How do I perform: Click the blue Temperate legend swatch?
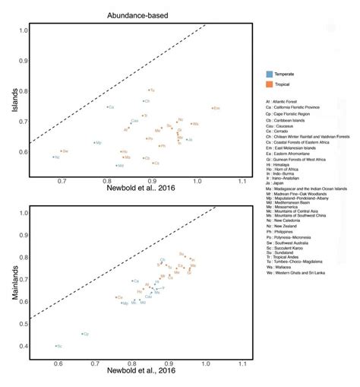click(x=269, y=75)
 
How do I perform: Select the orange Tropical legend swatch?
click(x=269, y=84)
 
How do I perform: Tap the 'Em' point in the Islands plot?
click(x=213, y=108)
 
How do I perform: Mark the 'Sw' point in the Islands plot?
click(x=61, y=151)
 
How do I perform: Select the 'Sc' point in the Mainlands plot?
click(x=55, y=346)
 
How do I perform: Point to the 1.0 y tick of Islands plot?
click(x=22, y=30)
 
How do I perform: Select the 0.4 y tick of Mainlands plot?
click(x=22, y=346)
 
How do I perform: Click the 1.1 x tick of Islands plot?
click(x=242, y=182)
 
